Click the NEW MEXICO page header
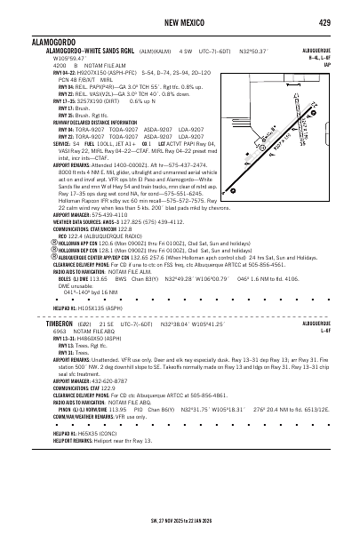pos(180,21)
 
